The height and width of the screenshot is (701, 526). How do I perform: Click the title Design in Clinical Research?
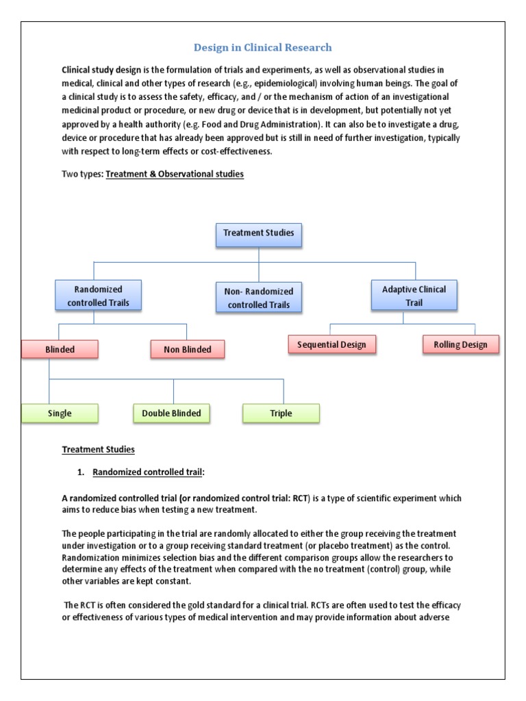pyautogui.click(x=263, y=47)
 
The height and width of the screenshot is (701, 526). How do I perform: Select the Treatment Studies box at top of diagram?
pyautogui.click(x=258, y=233)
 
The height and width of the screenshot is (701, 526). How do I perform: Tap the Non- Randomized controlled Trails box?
pyautogui.click(x=259, y=298)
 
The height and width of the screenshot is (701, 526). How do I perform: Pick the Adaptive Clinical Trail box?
pyautogui.click(x=413, y=295)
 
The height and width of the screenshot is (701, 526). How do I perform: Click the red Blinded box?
pyautogui.click(x=60, y=349)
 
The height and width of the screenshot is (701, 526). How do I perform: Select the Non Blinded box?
pyautogui.click(x=187, y=349)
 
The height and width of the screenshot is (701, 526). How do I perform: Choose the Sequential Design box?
pyautogui.click(x=331, y=344)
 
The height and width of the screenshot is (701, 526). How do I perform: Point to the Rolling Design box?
pyautogui.click(x=460, y=344)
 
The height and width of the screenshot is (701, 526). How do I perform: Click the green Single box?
pyautogui.click(x=60, y=413)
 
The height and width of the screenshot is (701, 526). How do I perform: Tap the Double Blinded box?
pyautogui.click(x=171, y=413)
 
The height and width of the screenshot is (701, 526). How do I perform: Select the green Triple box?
pyautogui.click(x=281, y=413)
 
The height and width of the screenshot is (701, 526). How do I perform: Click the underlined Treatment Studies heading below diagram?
pyautogui.click(x=98, y=450)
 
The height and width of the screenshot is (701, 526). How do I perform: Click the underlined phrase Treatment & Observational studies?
pyautogui.click(x=175, y=174)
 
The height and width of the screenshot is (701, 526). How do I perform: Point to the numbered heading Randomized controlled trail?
pyautogui.click(x=148, y=472)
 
